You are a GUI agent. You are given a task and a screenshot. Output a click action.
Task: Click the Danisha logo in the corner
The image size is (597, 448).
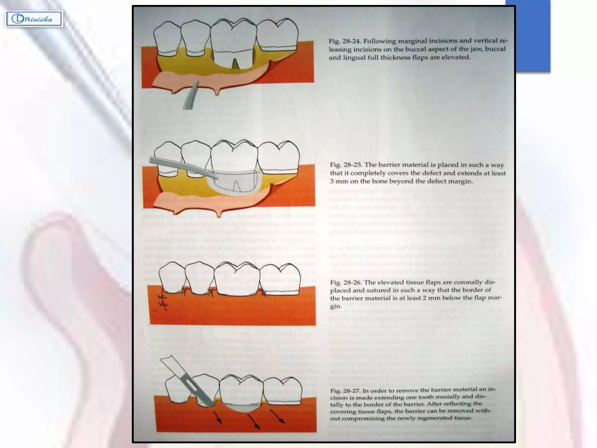34,19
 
